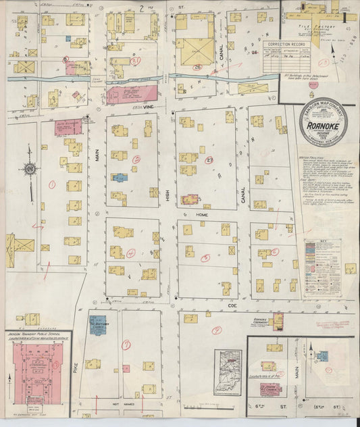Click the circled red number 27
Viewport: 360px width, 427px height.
point(209,160)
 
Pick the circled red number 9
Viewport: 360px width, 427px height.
point(126,344)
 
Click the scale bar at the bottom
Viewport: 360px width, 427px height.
point(203,407)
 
